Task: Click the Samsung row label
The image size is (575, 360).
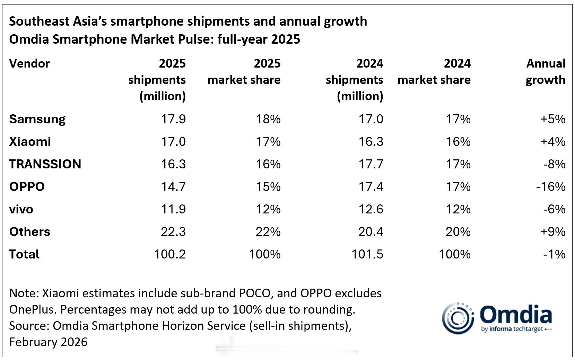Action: pyautogui.click(x=37, y=119)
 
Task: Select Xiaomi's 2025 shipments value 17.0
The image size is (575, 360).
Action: pyautogui.click(x=173, y=142)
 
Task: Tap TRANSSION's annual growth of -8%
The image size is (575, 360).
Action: pyautogui.click(x=554, y=164)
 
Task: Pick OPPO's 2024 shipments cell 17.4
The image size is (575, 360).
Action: pyautogui.click(x=371, y=187)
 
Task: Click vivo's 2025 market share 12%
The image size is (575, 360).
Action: pyautogui.click(x=268, y=209)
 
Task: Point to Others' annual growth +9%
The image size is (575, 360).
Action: pyautogui.click(x=553, y=232)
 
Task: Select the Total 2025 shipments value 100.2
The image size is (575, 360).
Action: pyautogui.click(x=170, y=254)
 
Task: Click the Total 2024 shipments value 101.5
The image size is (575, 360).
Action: pyautogui.click(x=367, y=254)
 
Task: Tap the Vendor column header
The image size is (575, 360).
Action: pyautogui.click(x=29, y=64)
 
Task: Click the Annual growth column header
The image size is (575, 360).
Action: pyautogui.click(x=546, y=72)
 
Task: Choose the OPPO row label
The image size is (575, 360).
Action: pyautogui.click(x=27, y=187)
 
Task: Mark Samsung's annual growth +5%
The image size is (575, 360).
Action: pyautogui.click(x=553, y=119)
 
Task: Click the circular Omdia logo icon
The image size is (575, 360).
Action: pyautogui.click(x=458, y=318)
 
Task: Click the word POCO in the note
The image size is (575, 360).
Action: pyautogui.click(x=254, y=293)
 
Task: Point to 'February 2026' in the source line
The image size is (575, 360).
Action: pyautogui.click(x=48, y=342)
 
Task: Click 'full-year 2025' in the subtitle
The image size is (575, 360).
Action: pyautogui.click(x=259, y=39)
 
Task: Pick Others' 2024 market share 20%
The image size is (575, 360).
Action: pyautogui.click(x=458, y=232)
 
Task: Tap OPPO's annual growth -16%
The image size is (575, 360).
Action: pyautogui.click(x=550, y=187)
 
